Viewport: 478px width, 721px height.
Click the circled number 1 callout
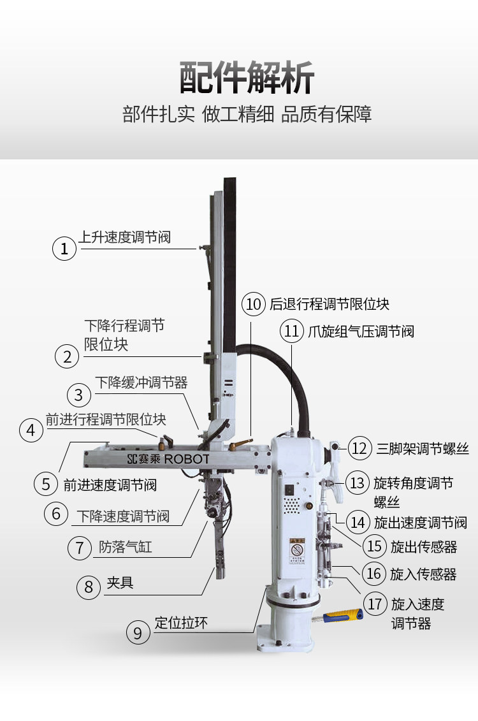click(64, 248)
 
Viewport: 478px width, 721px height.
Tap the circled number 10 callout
click(254, 304)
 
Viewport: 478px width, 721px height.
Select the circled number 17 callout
click(375, 603)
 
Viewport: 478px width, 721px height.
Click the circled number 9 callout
click(138, 632)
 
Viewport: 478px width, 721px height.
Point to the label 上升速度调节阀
click(125, 237)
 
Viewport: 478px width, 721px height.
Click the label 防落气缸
click(126, 547)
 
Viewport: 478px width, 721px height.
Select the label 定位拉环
click(181, 623)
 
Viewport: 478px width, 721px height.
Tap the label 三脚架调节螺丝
click(423, 448)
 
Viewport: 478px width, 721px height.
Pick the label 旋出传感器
click(423, 547)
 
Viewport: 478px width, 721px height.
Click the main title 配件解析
click(247, 78)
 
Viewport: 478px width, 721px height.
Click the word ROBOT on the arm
click(187, 459)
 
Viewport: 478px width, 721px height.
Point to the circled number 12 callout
click(360, 448)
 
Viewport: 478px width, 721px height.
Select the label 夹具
click(120, 583)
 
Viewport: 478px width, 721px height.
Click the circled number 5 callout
click(46, 484)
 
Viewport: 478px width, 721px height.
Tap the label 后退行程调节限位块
click(329, 304)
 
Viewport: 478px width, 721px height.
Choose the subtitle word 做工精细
click(238, 115)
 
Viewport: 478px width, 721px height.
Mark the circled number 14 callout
click(359, 522)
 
